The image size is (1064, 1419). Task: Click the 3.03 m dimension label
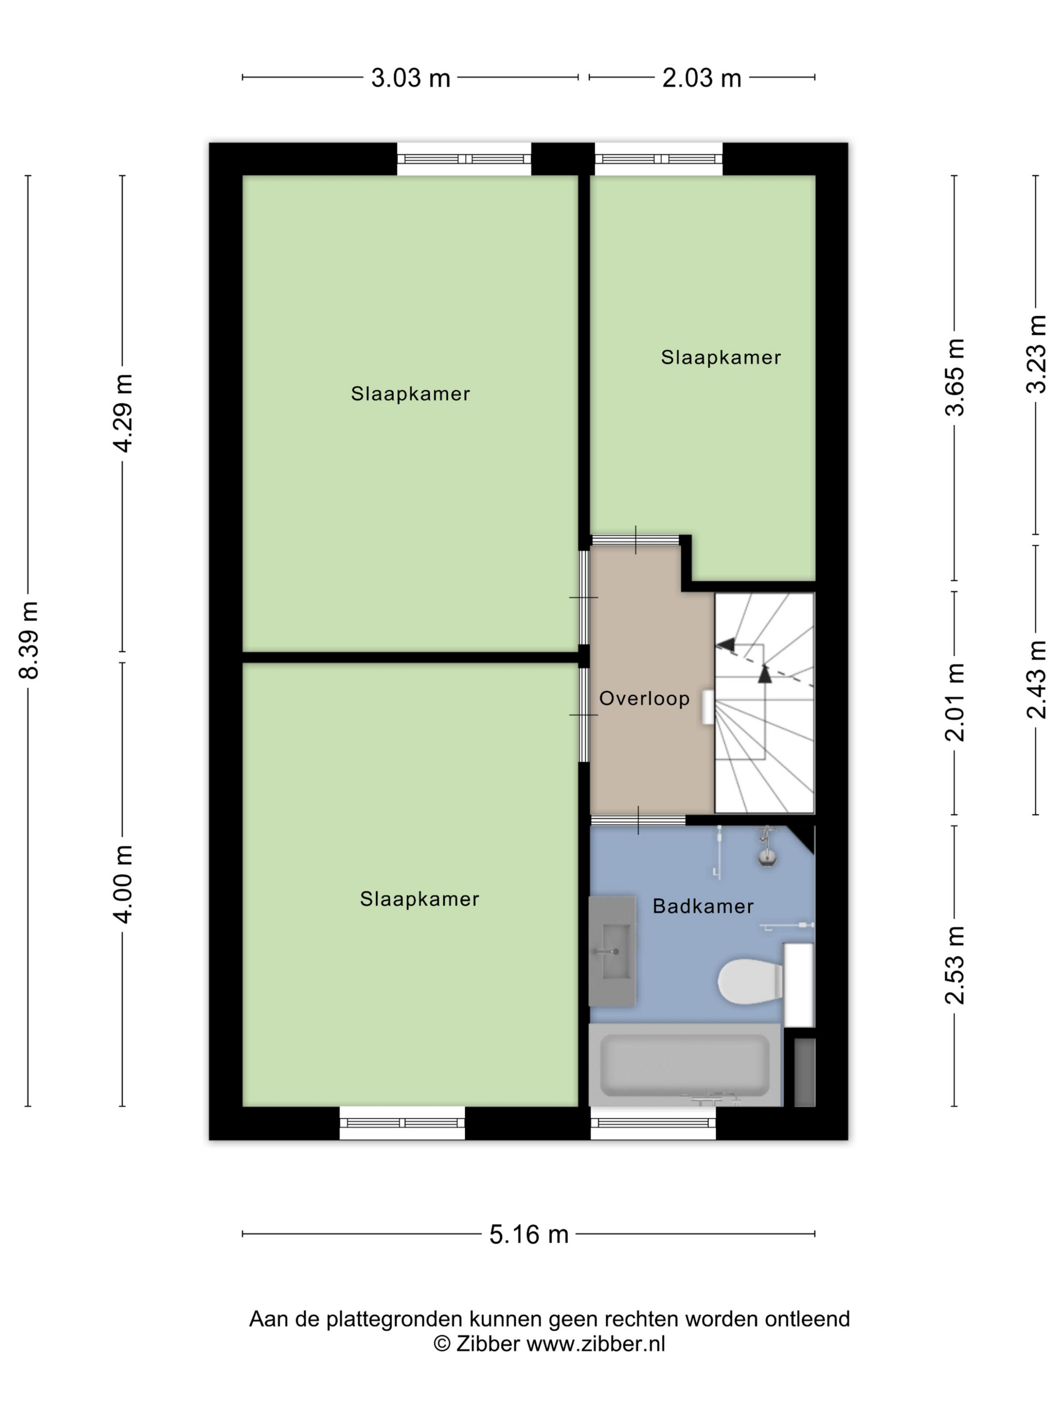410,78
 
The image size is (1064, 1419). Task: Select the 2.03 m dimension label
702,78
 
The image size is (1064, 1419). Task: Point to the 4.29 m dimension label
122,413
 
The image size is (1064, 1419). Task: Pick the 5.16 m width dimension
528,1234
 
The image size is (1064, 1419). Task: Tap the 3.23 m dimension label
1037,354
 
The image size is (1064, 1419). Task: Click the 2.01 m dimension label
955,702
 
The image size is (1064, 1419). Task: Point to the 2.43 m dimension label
1037,680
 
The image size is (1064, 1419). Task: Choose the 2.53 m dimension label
955,965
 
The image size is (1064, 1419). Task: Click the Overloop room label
644,698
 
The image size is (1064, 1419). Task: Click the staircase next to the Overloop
764,703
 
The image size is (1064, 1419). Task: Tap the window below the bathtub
653,1123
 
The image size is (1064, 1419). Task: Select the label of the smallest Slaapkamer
721,357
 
